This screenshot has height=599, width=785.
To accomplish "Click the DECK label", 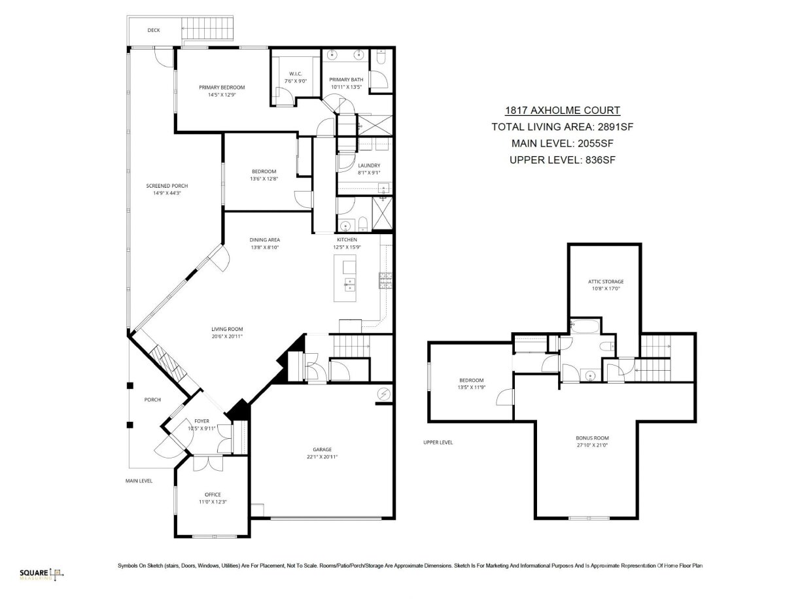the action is [154, 30].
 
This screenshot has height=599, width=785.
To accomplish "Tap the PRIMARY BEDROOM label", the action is [222, 88].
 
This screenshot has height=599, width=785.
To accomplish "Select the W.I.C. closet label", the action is [296, 74].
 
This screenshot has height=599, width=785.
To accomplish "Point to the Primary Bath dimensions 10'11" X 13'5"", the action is [346, 87].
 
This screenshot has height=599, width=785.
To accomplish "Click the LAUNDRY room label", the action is [369, 165].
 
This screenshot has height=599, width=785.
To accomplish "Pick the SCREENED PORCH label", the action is [167, 186].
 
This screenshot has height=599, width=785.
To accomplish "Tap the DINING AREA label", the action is [265, 240].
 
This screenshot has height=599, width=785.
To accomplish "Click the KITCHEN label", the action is [347, 239].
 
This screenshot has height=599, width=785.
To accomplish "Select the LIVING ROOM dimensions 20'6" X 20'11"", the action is [227, 336].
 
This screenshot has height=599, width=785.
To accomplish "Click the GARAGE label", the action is [323, 449].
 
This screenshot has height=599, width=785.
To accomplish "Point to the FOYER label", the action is [201, 421].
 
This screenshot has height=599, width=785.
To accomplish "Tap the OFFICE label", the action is [213, 494].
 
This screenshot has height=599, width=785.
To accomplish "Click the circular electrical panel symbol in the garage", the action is [384, 394].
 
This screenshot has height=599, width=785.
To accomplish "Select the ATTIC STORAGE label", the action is [606, 282].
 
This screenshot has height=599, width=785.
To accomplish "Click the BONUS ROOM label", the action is [592, 438].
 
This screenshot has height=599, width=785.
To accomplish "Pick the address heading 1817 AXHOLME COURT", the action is [563, 111].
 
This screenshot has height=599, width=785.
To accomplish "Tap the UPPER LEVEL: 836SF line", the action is [563, 160].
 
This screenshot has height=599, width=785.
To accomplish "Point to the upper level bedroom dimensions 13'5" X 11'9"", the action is [472, 387].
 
